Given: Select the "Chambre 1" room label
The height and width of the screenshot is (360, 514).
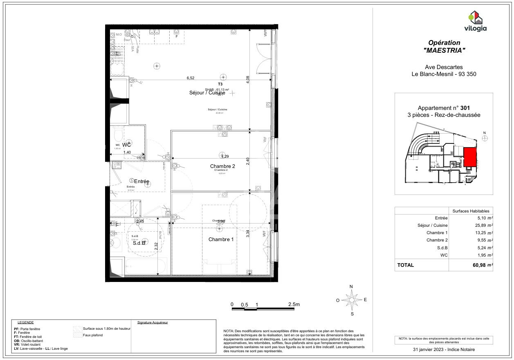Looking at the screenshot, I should click(x=221, y=239).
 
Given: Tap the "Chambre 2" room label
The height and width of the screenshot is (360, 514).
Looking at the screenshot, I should click(x=222, y=166).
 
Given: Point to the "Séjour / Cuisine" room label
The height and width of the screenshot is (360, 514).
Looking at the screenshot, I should click(x=207, y=93).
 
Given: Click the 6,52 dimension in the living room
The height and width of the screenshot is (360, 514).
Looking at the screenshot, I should click(x=191, y=78).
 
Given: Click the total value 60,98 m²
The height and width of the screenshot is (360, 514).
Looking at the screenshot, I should click(x=483, y=265).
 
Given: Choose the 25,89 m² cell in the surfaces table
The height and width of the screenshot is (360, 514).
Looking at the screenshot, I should click(x=483, y=226).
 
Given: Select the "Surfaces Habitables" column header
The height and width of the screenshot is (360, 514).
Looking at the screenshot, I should click(x=470, y=211).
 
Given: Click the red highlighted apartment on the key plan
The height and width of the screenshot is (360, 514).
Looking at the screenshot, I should click(x=470, y=157).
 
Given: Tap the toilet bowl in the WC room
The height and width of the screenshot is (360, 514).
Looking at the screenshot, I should click(x=118, y=134).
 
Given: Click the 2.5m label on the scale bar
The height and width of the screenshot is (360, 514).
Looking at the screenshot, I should click(x=294, y=304).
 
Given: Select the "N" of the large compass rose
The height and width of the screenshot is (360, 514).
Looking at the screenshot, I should click(x=351, y=286).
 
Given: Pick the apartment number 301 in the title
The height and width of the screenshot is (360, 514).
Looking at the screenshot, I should click(x=465, y=108).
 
